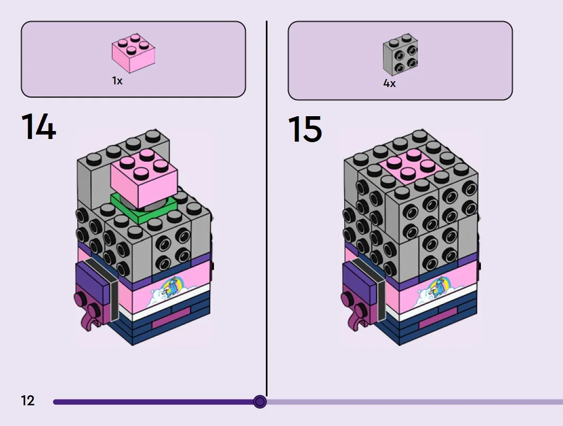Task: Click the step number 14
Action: point(39,126)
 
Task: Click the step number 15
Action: point(305,129)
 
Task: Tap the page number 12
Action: point(28,401)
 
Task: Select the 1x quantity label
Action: point(117,81)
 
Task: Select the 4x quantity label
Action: point(389,83)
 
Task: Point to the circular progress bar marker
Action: point(260,402)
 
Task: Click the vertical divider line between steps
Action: point(267,208)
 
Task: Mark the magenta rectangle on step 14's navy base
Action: point(171,317)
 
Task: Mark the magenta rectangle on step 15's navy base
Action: point(438,317)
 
